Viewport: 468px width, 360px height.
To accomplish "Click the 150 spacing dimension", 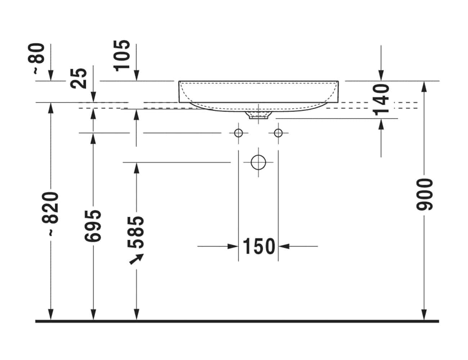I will pyautogui.click(x=258, y=247).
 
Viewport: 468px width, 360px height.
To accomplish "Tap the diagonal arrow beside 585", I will pyautogui.click(x=136, y=259).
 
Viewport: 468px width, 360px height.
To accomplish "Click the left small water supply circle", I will pyautogui.click(x=238, y=133).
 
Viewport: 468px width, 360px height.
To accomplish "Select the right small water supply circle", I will pyautogui.click(x=278, y=133).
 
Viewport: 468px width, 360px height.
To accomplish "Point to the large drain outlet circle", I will pyautogui.click(x=258, y=162).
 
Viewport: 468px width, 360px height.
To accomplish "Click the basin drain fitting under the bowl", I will pyautogui.click(x=258, y=116).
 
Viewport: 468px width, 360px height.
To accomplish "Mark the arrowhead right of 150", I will pyautogui.click(x=284, y=247).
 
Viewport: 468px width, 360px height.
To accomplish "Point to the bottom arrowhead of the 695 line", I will pyautogui.click(x=93, y=315).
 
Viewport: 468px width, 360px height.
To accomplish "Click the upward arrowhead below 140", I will pyautogui.click(x=381, y=124).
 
